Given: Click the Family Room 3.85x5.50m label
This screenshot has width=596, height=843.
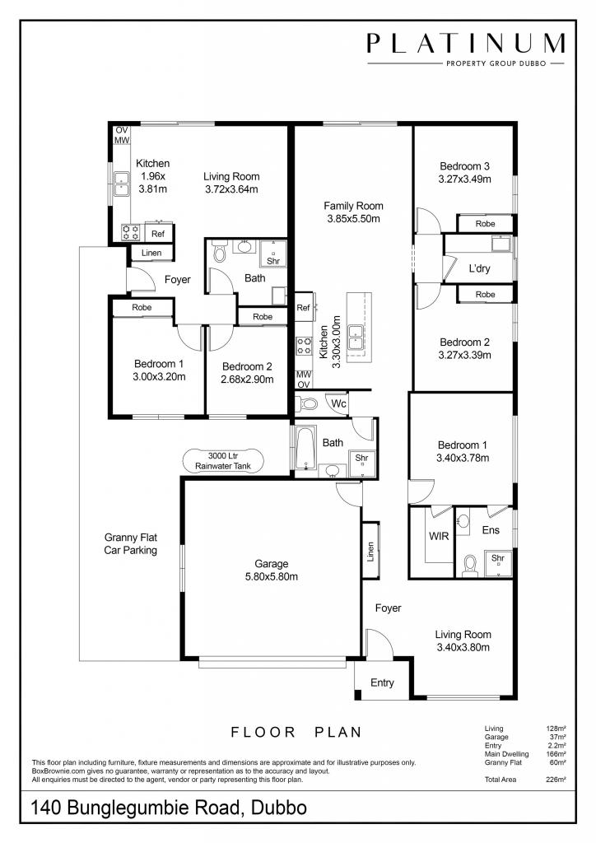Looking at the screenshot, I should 353,212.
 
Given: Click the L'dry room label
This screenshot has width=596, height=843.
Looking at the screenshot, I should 480,268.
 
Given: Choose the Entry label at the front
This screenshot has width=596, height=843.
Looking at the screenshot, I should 382,682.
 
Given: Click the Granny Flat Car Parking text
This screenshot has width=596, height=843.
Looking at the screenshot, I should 130,543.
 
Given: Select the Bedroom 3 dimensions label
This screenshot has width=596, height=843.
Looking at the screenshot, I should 465,172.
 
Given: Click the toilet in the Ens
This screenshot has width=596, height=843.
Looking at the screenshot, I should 470,564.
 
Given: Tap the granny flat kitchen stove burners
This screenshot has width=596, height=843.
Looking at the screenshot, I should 130,232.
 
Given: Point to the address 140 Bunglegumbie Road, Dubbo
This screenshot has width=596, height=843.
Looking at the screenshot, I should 169,808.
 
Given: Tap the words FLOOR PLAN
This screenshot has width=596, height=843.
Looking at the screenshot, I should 296,731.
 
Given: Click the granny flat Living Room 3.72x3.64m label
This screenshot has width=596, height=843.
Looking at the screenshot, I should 231,183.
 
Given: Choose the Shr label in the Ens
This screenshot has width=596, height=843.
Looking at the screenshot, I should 497,558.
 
